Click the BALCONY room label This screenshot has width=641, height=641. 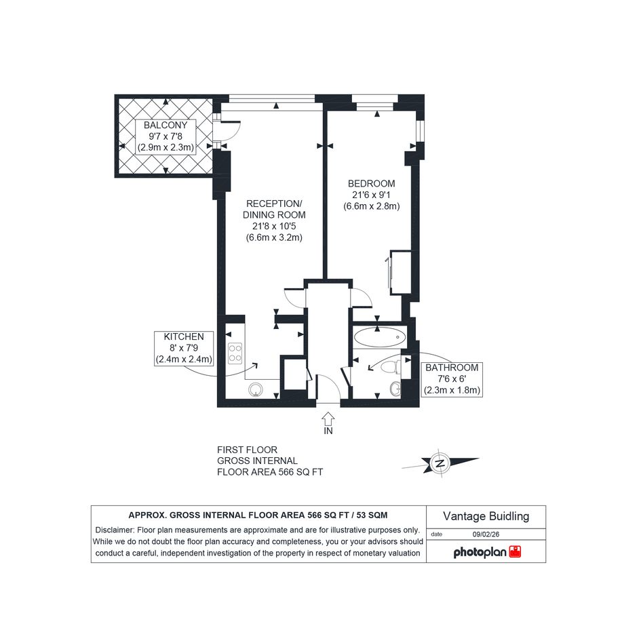point(165,125)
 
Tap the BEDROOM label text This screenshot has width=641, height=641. point(371,184)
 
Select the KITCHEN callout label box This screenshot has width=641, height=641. point(184,348)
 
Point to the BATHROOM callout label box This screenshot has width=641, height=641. point(452,379)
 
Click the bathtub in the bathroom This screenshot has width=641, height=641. point(380,337)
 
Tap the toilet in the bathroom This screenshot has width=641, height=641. point(391,367)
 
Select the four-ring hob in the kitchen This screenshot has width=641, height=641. point(235,353)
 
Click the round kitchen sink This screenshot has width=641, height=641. point(256,389)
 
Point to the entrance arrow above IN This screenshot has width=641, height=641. point(328,419)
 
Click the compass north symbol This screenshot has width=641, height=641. point(440,464)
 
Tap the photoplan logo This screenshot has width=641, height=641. point(487,552)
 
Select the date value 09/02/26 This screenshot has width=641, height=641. point(486,535)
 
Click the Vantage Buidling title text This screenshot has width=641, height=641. point(486,516)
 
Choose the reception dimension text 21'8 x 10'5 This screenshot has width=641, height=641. point(274,226)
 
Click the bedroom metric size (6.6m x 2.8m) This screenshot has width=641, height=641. point(371,206)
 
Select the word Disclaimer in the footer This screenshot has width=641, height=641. point(115,530)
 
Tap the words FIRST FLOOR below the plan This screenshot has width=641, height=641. point(247,450)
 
